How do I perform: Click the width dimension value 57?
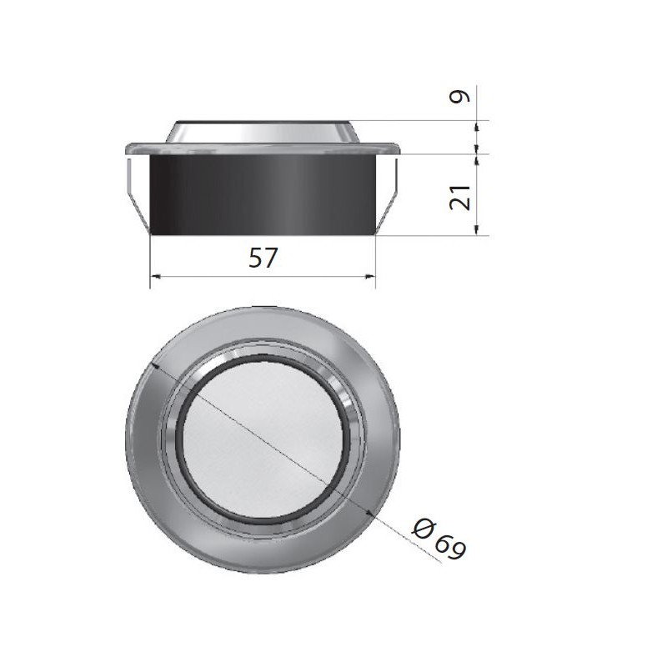263,259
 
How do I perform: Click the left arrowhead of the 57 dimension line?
154,277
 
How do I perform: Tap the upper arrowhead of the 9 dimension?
478,125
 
